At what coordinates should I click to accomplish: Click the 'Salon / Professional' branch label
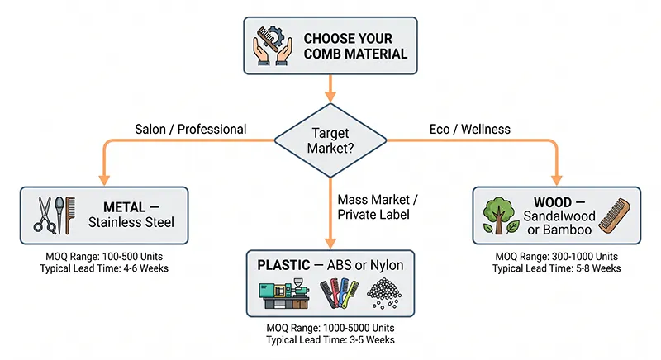pos(190,129)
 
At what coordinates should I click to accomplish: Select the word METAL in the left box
pos(125,206)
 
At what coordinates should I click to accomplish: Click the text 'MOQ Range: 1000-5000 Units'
pos(330,329)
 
